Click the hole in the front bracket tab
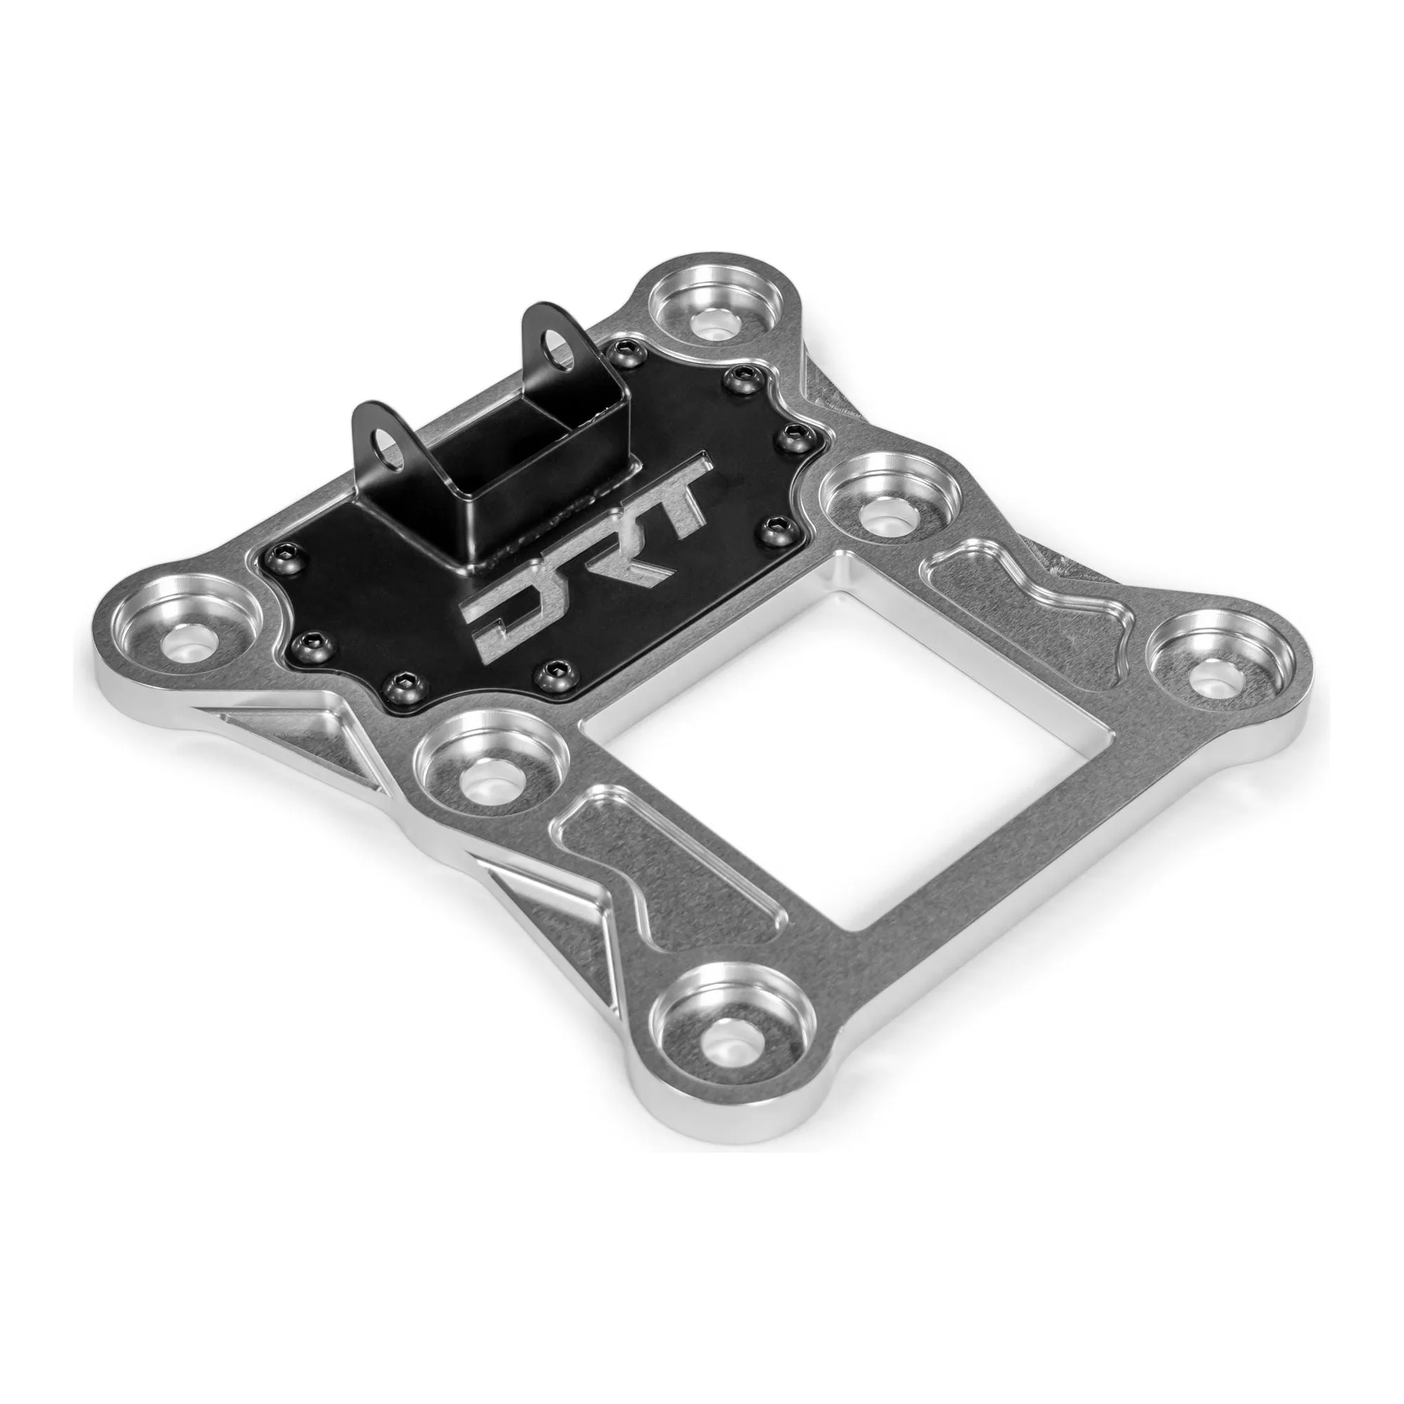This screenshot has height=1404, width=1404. (388, 455)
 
